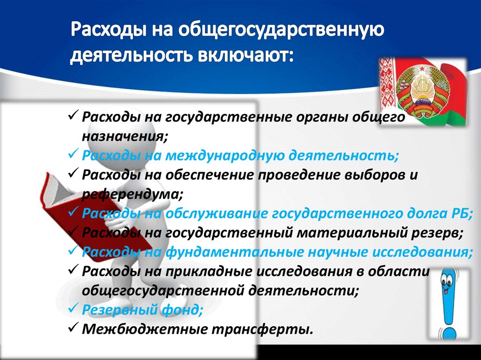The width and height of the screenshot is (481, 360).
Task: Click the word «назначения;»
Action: tap(125, 136)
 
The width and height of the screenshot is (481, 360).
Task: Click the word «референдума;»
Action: tap(132, 194)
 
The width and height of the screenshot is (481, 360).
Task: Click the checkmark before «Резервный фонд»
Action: tap(72, 308)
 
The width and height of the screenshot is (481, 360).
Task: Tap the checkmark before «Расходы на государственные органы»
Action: tap(73, 115)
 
